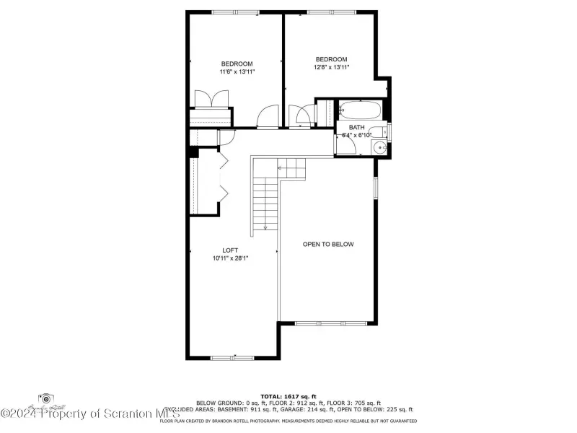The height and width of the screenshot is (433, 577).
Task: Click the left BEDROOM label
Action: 237,64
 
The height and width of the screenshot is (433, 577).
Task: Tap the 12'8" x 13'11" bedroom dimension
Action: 331,68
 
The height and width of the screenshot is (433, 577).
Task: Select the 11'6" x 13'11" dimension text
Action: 237,72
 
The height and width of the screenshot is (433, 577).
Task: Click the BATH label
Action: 356,127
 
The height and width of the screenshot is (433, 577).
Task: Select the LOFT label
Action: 230,250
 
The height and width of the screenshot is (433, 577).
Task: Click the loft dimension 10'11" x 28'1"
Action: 230,258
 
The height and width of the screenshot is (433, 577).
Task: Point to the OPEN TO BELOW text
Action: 328,245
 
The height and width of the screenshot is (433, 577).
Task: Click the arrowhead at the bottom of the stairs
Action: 265,227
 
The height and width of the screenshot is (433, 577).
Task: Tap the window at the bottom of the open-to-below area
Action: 321,323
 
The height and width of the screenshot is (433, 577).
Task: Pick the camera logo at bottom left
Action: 47,399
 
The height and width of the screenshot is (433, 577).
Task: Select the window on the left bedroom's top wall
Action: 234,12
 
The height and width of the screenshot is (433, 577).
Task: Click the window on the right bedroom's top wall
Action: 330,12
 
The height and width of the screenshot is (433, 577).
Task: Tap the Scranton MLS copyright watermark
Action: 90,414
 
